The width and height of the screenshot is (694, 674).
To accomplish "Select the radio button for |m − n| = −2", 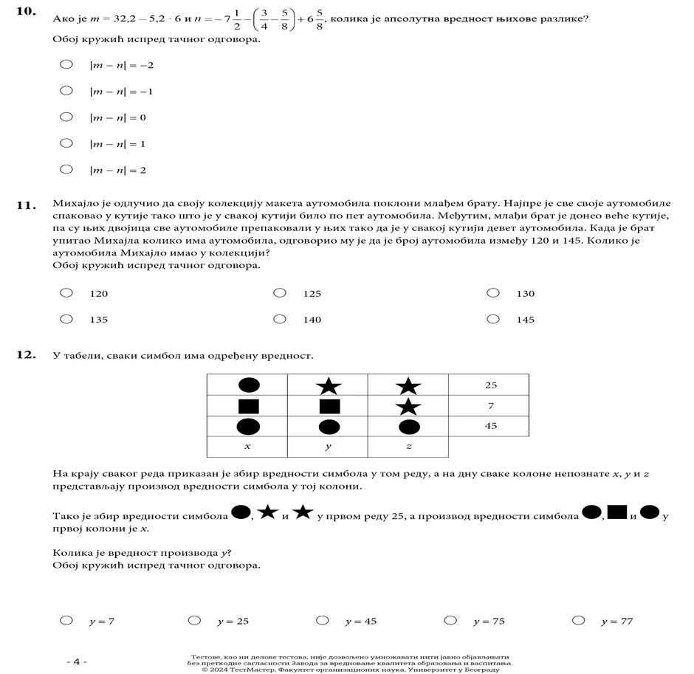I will (x=66, y=64).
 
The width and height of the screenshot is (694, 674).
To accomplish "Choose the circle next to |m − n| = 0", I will (x=66, y=117).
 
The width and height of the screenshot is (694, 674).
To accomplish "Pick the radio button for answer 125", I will (x=280, y=293).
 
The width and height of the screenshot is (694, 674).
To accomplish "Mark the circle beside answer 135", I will (x=66, y=319).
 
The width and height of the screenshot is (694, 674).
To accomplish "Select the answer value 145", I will (x=525, y=320).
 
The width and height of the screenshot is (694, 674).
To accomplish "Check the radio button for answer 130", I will (x=493, y=293).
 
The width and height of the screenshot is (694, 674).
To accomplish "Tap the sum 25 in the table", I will (x=491, y=385).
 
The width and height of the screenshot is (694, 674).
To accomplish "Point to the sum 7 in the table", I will (x=491, y=406).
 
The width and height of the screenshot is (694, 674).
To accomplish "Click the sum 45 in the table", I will (x=491, y=426).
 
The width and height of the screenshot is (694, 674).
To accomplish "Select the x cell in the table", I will (x=247, y=447).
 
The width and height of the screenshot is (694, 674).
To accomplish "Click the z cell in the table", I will (x=408, y=447).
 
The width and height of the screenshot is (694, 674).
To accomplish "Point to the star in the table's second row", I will (x=408, y=406).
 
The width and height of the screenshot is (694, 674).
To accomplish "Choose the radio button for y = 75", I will (x=450, y=620).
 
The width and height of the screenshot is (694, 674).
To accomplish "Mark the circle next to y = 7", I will (x=66, y=620).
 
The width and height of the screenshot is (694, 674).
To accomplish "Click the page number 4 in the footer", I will (x=76, y=661).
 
